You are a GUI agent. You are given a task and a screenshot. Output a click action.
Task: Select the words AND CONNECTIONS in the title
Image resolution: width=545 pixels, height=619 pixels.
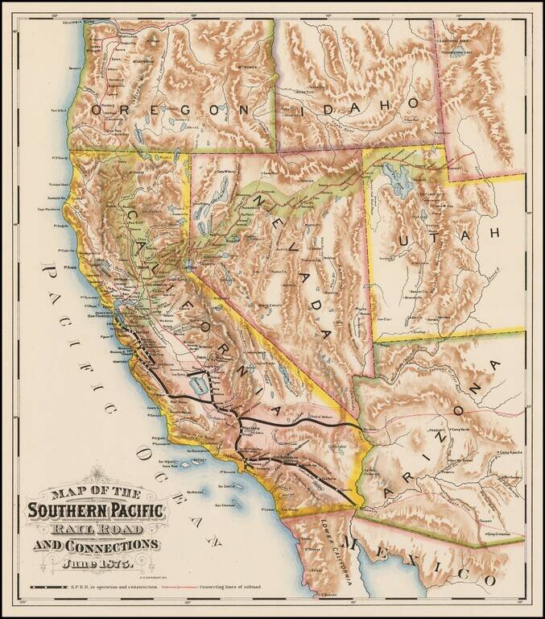pos(95,546)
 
